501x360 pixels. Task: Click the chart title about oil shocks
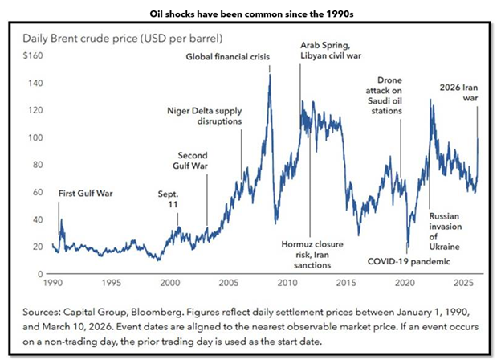coord(250,14)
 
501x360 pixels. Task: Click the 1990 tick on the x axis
coord(53,284)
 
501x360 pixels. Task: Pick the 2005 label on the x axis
coord(229,284)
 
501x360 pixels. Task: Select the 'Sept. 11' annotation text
coord(169,198)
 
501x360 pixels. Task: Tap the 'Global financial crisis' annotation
coord(228,57)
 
